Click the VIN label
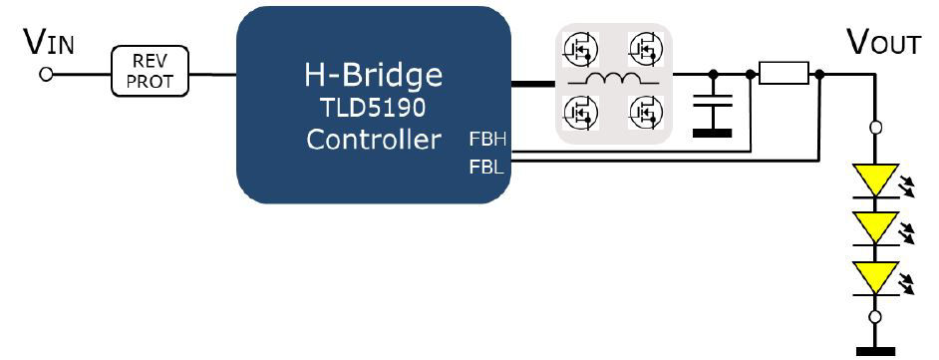(x=48, y=42)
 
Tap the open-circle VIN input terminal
(x=45, y=74)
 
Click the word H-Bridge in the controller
(x=373, y=75)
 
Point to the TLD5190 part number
(x=373, y=108)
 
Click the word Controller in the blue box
(x=373, y=140)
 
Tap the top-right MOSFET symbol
(x=645, y=48)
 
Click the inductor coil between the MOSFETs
(x=612, y=81)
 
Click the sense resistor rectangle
(x=782, y=73)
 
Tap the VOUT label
(x=882, y=42)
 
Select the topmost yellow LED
(x=875, y=180)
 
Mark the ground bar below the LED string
(x=875, y=350)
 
